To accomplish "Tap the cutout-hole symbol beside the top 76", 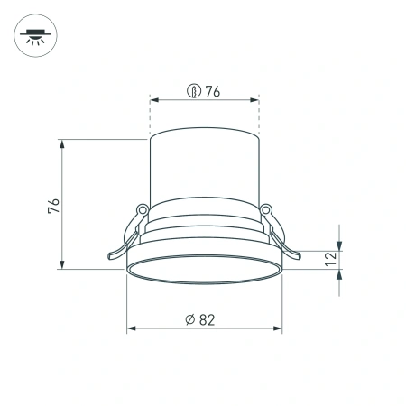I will coord(192,90).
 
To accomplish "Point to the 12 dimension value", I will coord(330,257).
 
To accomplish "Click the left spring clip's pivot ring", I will coord(142,210).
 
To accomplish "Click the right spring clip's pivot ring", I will coord(266,210).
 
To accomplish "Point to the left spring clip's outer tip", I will coord(109,259).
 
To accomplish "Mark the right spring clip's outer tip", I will coord(299,259).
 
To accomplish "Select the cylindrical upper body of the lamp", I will coord(204,171).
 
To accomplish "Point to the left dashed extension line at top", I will coord(149,117).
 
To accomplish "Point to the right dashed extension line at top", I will coord(259,117).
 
